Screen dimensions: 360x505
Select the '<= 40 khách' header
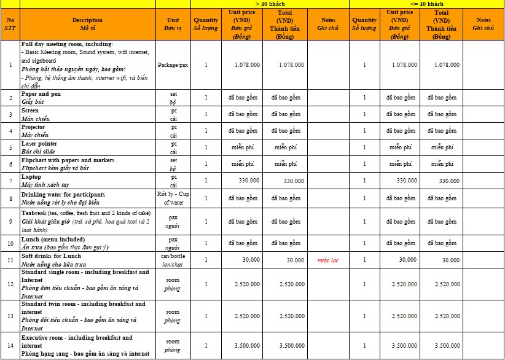pyautogui.click(x=427, y=4)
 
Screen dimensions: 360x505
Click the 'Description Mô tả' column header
pyautogui.click(x=87, y=24)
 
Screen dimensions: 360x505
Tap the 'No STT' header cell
pyautogui.click(x=10, y=24)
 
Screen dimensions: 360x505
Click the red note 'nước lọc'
pyautogui.click(x=328, y=260)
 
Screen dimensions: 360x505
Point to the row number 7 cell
pyautogui.click(x=10, y=181)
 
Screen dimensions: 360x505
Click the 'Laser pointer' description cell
pyautogui.click(x=87, y=147)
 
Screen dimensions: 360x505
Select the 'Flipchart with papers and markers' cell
pyautogui.click(x=87, y=164)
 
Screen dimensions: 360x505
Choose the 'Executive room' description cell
pyautogui.click(x=87, y=346)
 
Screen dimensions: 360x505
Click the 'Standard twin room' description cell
pyautogui.click(x=87, y=316)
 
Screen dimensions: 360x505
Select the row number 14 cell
pyautogui.click(x=10, y=346)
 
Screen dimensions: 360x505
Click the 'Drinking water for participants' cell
pyautogui.click(x=87, y=198)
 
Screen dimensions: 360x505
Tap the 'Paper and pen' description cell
pyautogui.click(x=87, y=98)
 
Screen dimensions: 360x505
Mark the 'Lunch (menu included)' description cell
pyautogui.click(x=87, y=243)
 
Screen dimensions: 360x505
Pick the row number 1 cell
pyautogui.click(x=10, y=65)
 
